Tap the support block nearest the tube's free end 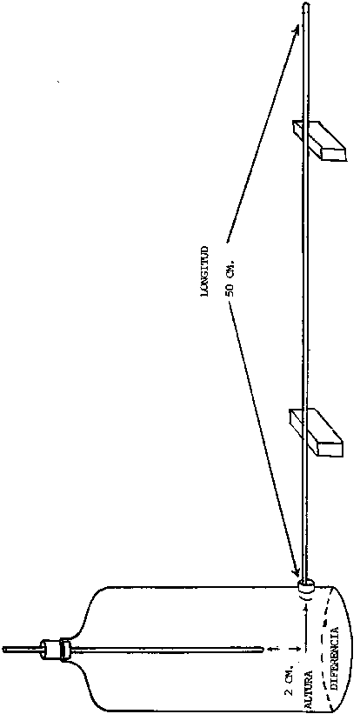(318, 140)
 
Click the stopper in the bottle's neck (55, 648)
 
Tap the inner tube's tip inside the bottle (263, 648)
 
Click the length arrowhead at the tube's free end (297, 30)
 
